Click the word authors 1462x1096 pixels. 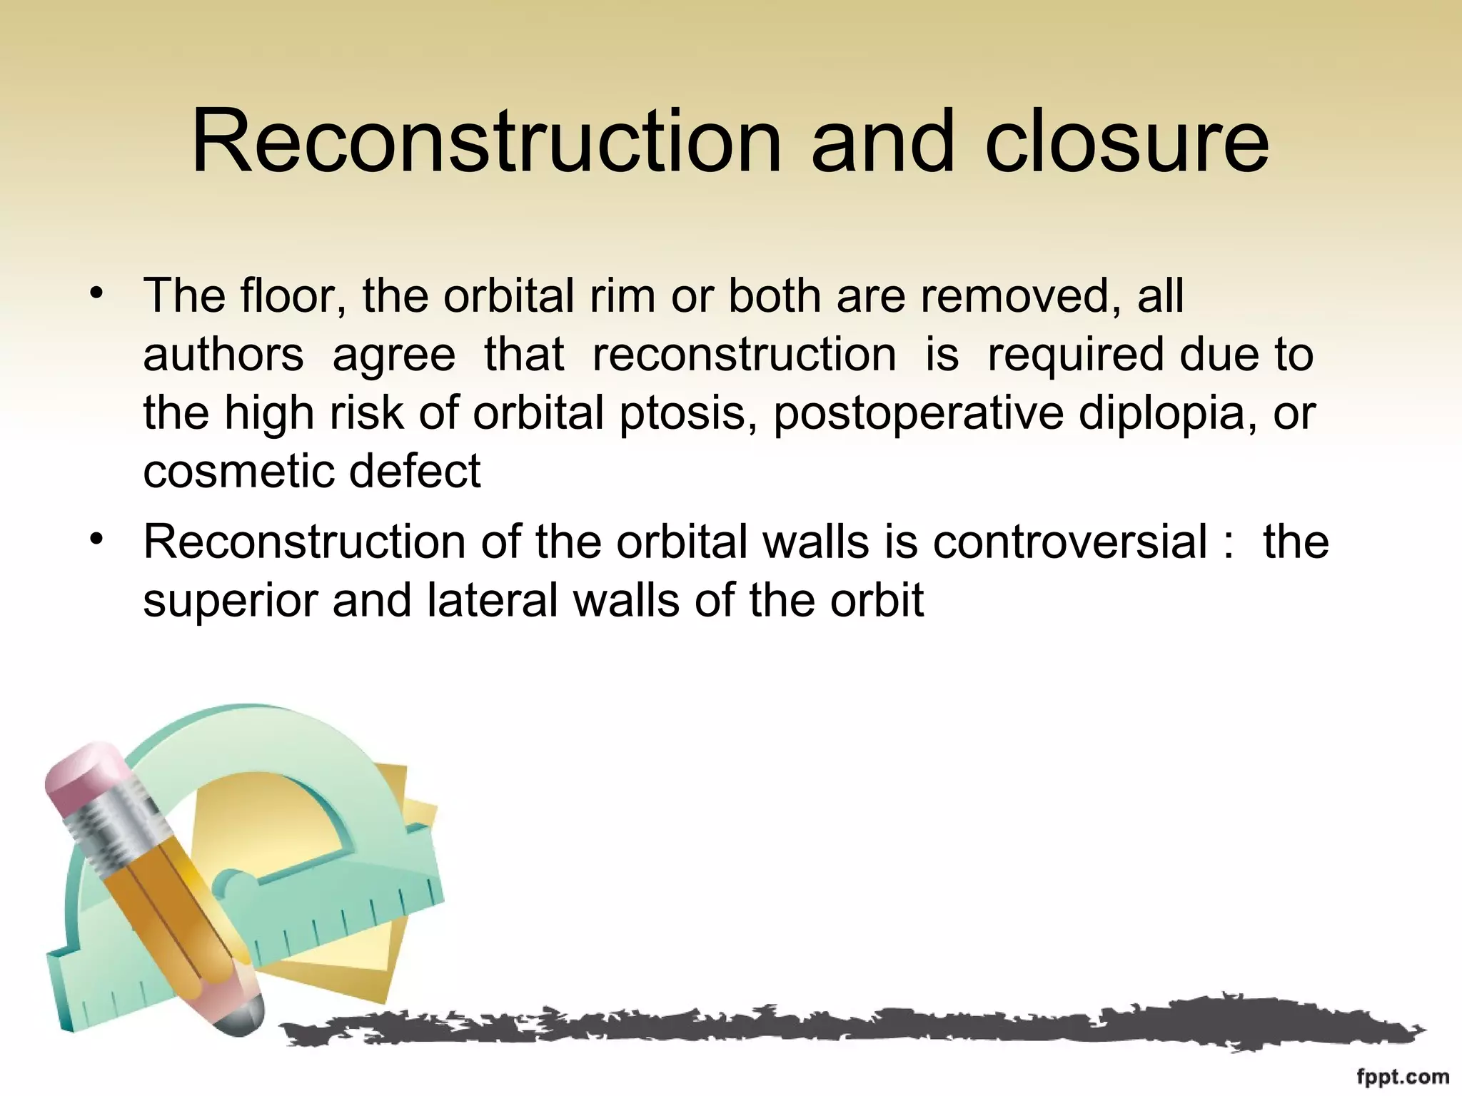[x=223, y=354]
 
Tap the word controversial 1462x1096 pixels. [x=1070, y=541]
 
